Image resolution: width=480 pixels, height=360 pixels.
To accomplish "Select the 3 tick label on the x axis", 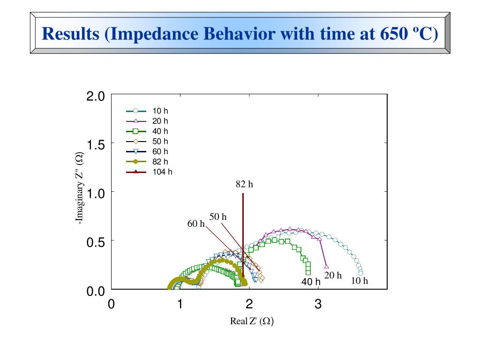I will click(318, 304).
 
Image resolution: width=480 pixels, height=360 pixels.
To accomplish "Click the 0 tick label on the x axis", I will click(111, 304).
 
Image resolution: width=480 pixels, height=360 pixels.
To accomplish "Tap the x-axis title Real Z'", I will click(252, 322).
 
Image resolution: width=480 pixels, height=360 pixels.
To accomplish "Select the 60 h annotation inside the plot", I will click(196, 224).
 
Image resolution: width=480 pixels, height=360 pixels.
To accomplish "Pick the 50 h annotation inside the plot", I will click(217, 217).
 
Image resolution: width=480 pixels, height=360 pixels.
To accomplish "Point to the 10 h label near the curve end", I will click(360, 281).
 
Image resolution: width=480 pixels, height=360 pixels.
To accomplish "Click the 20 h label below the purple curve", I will click(333, 275).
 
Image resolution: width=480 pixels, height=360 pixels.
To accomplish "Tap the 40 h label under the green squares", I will click(311, 282).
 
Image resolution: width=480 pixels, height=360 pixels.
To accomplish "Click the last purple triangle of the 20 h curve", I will click(327, 266).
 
